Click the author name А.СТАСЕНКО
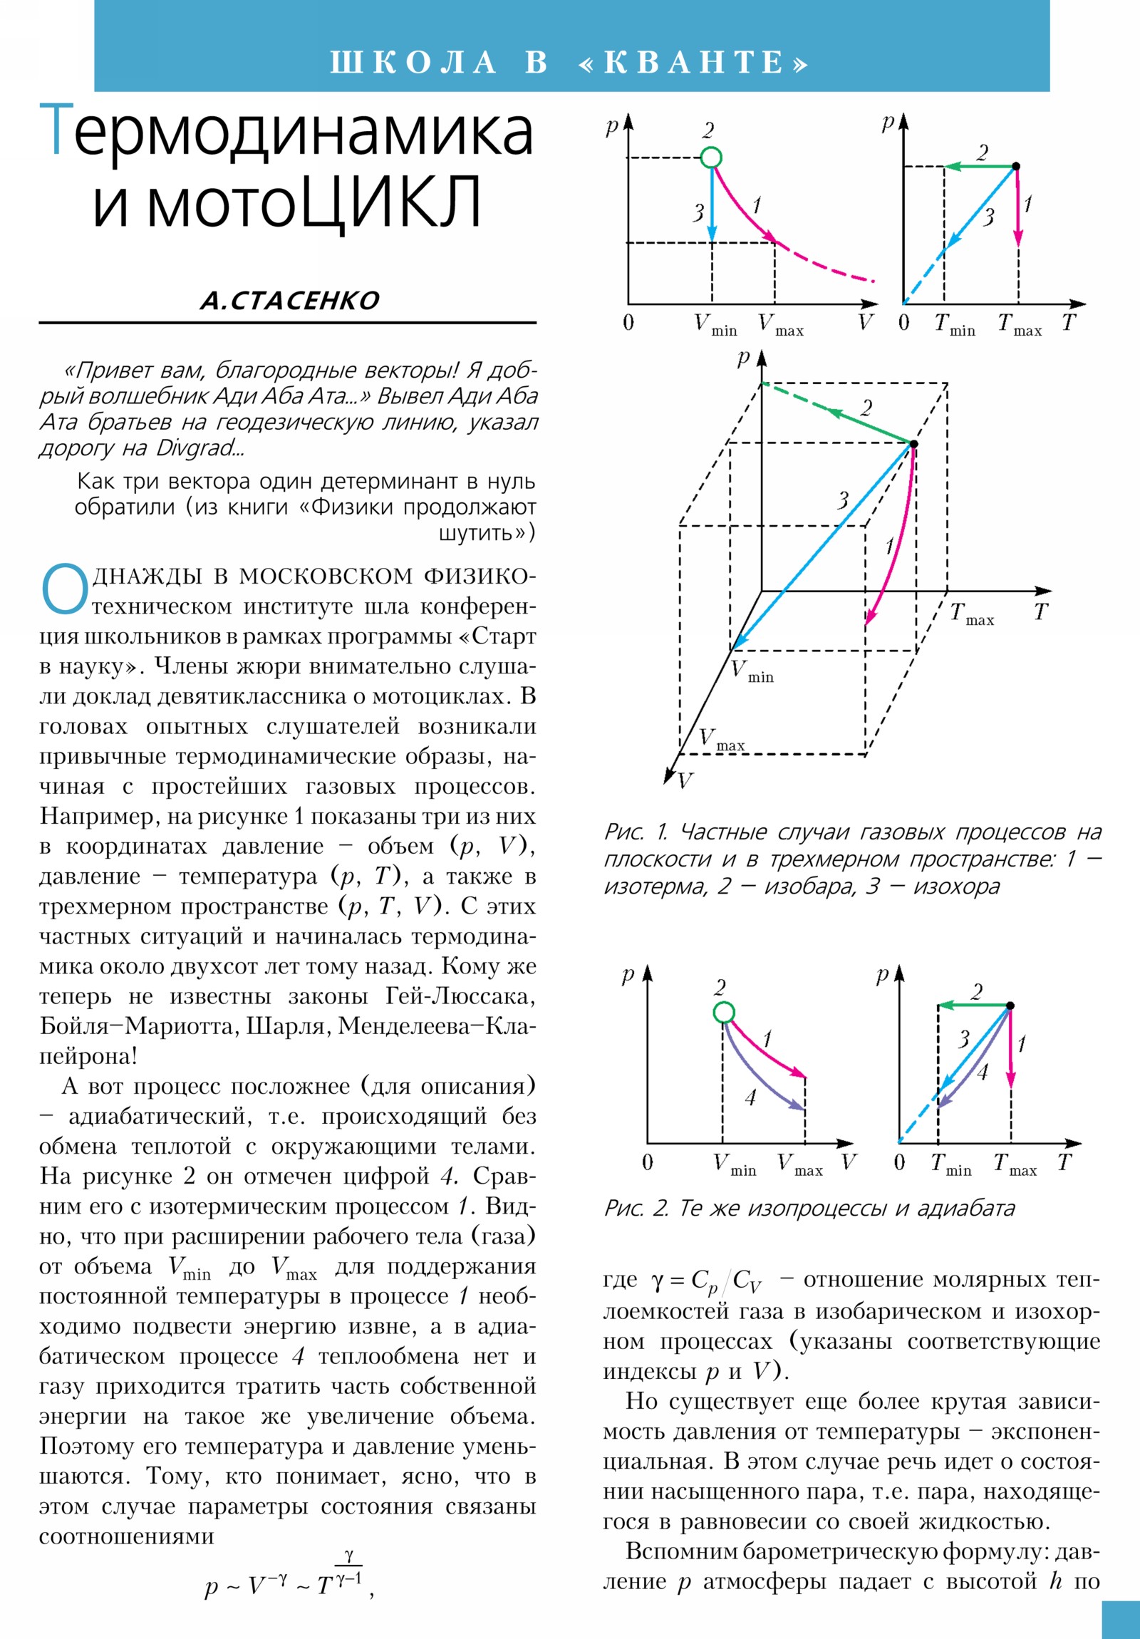point(289,301)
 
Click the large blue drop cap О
point(64,590)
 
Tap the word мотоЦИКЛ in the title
point(287,203)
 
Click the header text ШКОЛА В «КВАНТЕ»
point(569,62)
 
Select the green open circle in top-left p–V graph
point(711,157)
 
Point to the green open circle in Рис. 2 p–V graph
point(723,1012)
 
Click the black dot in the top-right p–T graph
point(1017,166)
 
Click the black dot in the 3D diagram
point(913,444)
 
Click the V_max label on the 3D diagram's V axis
point(721,740)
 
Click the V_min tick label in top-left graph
point(715,326)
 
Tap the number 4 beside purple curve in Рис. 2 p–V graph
point(750,1098)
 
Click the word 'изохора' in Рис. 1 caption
point(957,886)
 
